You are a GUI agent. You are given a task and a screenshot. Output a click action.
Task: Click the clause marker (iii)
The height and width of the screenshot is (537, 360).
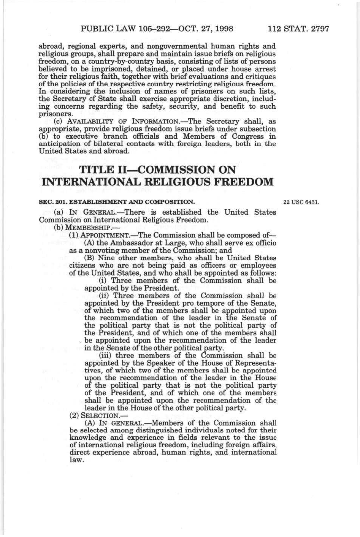click(x=105, y=356)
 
